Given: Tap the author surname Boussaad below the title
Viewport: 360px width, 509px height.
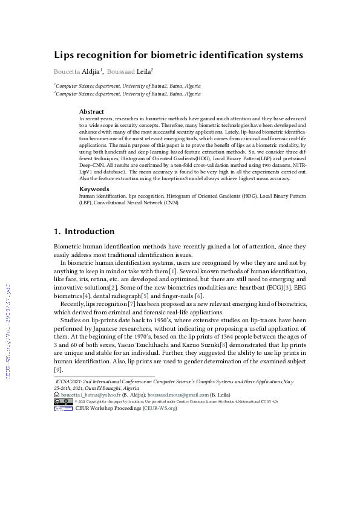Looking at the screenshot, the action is tap(121, 71).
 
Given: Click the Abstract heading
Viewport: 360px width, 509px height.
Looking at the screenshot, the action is tap(91, 112).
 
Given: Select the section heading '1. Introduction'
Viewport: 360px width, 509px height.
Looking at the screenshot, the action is tap(84, 232).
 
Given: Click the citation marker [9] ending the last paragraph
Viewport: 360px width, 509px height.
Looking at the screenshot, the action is tap(58, 369).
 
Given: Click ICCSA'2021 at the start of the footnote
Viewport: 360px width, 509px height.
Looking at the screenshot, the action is tap(70, 382).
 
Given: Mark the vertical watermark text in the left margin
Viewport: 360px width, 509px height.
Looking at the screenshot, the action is tap(8, 329).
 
